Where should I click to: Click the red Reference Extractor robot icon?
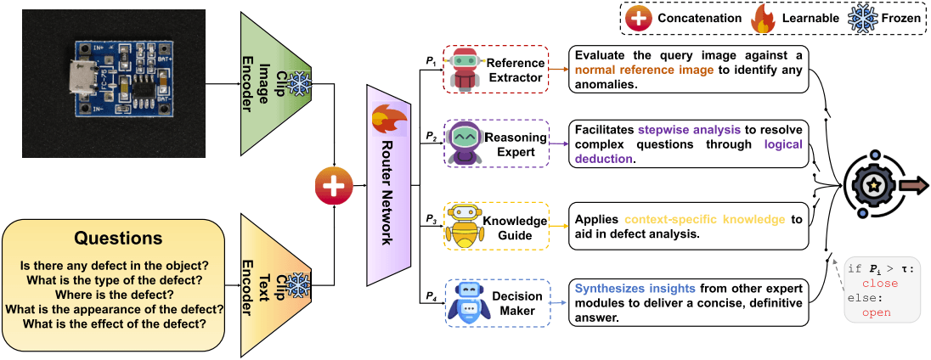[x=463, y=69]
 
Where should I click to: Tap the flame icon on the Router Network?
[x=387, y=121]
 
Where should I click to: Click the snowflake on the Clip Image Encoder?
[x=298, y=82]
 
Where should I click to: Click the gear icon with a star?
[x=871, y=183]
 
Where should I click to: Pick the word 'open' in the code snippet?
[x=876, y=312]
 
